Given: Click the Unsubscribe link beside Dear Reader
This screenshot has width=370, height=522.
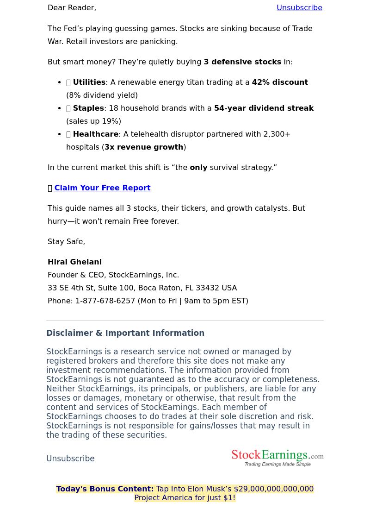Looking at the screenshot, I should point(299,8).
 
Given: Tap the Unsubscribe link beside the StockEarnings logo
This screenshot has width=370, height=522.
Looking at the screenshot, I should point(70,459).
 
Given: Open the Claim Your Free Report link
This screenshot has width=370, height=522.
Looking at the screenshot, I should point(102,188).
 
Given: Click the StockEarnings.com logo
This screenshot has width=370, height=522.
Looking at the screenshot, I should point(277,458).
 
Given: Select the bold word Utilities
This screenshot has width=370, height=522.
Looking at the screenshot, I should point(89,82).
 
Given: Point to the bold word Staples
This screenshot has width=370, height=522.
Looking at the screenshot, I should point(88,108).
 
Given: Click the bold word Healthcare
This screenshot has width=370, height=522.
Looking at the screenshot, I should point(95,134).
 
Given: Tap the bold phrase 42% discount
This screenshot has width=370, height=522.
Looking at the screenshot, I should point(280,82).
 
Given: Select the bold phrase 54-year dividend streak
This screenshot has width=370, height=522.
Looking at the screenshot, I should point(264,108).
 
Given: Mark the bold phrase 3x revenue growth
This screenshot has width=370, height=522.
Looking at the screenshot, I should point(144,147).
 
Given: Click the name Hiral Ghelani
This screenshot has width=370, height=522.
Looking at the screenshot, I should point(74,262).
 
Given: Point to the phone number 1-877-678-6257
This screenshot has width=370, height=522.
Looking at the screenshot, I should point(105,301).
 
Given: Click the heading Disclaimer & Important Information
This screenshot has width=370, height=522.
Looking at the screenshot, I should point(125,333).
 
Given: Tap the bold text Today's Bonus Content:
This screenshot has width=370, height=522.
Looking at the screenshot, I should point(105,489).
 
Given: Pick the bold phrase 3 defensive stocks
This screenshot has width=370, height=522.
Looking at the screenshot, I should point(242,62).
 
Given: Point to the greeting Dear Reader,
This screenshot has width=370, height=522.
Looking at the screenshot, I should point(72,8).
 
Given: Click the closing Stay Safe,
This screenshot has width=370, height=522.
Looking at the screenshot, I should point(66,242).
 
